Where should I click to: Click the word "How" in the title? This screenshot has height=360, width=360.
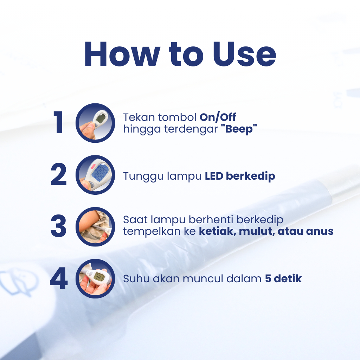[x=122, y=54]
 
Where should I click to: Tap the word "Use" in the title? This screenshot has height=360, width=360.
[x=244, y=54]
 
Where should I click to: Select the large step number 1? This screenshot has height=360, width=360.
[x=58, y=122]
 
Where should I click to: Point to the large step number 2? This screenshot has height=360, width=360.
[x=59, y=174]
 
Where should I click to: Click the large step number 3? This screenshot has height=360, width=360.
[x=59, y=226]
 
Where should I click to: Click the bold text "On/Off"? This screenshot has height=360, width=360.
[x=218, y=117]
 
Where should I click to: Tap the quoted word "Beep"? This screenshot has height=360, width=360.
[x=239, y=129]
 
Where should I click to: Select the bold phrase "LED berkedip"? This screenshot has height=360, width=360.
[x=240, y=176]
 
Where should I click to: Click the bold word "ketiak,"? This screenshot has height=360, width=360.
[x=218, y=231]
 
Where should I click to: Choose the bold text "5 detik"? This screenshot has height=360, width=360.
[x=283, y=279]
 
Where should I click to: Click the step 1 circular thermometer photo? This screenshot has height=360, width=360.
[x=95, y=123]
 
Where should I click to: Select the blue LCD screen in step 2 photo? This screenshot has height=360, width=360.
[x=100, y=172]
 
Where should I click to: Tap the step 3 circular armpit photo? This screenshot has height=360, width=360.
[x=95, y=227]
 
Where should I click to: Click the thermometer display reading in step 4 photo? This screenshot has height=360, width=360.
[x=99, y=276]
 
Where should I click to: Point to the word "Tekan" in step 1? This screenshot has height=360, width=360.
[x=139, y=117]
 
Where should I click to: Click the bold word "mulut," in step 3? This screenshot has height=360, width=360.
[x=257, y=231]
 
